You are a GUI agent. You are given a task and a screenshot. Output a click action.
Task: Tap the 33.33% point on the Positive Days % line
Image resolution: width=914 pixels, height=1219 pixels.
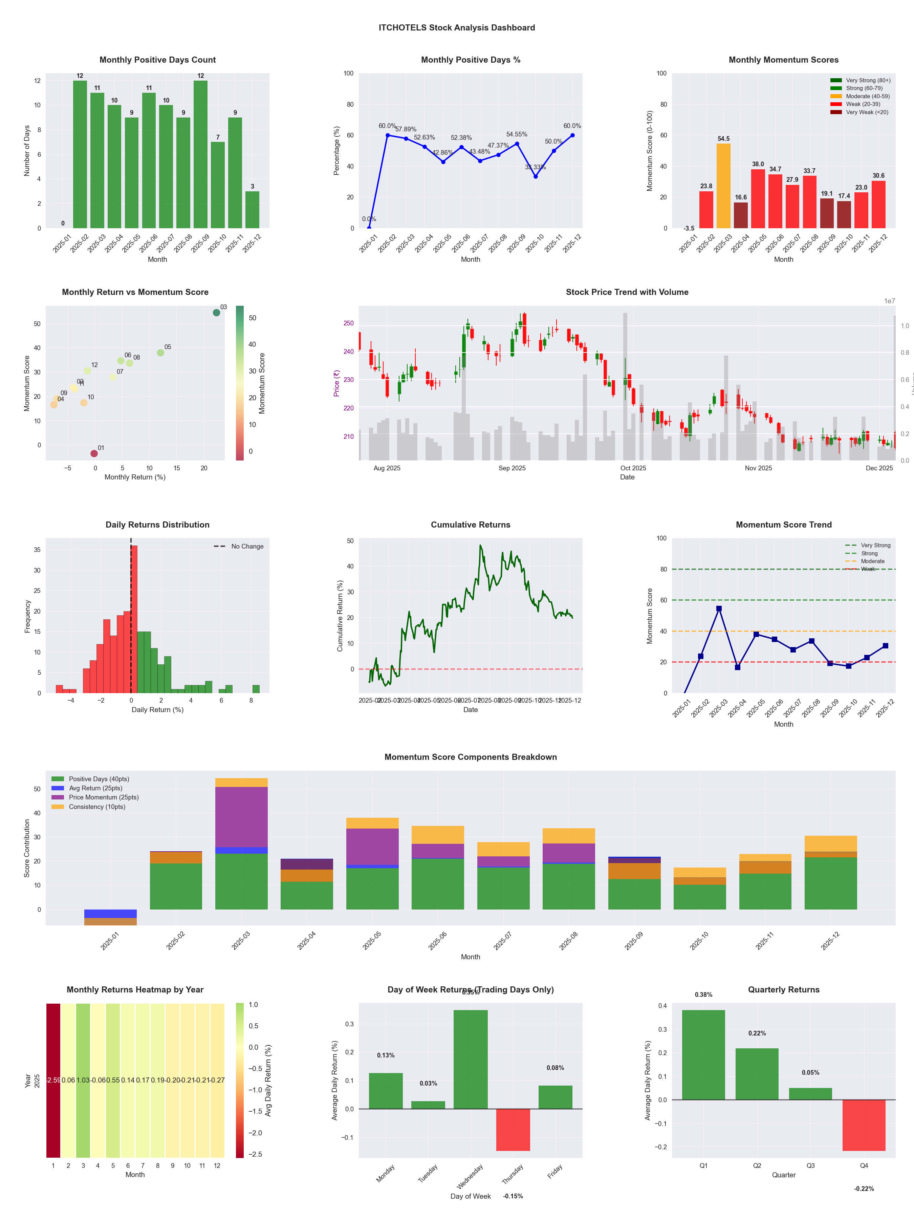[x=535, y=176]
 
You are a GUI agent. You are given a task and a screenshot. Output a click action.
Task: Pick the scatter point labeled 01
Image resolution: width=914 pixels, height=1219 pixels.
[x=94, y=453]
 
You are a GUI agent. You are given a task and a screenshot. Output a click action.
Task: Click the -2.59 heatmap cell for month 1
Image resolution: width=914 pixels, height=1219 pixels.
[x=53, y=1080]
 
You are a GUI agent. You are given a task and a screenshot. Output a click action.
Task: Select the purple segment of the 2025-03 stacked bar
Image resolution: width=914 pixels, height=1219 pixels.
[x=241, y=817]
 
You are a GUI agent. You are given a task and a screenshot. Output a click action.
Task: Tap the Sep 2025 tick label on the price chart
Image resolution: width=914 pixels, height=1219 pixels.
[x=512, y=468]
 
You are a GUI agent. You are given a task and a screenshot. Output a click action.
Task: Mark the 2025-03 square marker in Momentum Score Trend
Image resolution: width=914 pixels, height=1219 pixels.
[x=718, y=608]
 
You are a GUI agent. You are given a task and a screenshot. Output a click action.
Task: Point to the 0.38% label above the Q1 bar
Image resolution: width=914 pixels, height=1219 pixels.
[x=703, y=995]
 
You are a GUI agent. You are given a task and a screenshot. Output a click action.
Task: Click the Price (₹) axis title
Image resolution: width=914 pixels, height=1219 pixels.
[x=336, y=383]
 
